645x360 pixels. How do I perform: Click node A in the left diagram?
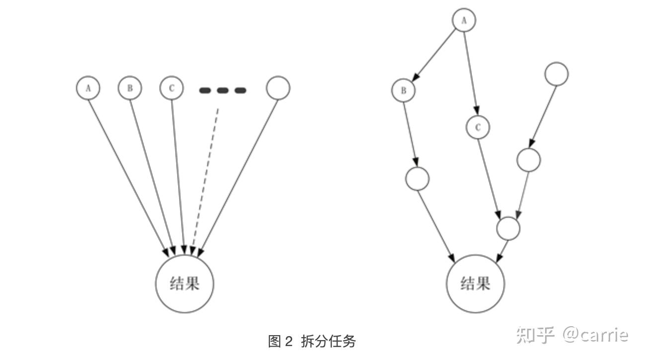[x=88, y=88]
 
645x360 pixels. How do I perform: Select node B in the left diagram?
[x=130, y=88]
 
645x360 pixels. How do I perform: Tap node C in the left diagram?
[x=171, y=88]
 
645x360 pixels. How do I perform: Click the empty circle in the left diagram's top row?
[x=278, y=88]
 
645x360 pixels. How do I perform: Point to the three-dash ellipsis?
[x=223, y=90]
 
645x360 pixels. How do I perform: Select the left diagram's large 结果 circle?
[x=185, y=284]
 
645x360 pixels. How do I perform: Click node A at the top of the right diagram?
[x=464, y=20]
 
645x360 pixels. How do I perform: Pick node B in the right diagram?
[x=403, y=90]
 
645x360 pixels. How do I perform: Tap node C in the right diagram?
[x=478, y=127]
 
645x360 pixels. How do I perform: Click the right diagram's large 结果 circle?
[x=476, y=284]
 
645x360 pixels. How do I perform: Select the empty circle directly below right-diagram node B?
[x=417, y=179]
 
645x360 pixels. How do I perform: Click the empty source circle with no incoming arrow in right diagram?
[x=557, y=74]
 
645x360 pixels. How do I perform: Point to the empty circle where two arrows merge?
[x=508, y=228]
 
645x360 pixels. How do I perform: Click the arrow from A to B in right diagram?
[x=435, y=54]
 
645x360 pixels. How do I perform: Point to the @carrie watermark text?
[x=595, y=335]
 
